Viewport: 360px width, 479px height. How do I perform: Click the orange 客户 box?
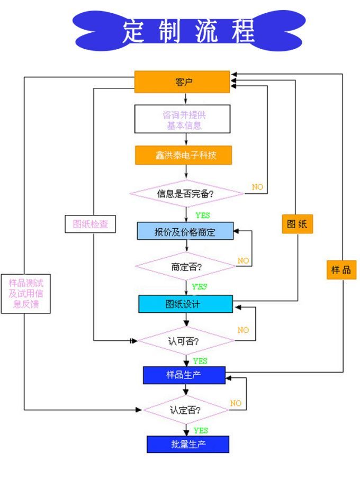(x=182, y=82)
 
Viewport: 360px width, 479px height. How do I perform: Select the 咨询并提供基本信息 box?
(x=182, y=119)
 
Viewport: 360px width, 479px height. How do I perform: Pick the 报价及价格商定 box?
(x=185, y=231)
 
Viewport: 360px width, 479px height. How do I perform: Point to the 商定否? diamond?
(x=185, y=266)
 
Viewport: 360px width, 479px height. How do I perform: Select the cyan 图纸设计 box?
(x=185, y=304)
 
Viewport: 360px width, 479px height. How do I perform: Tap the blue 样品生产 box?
(x=184, y=375)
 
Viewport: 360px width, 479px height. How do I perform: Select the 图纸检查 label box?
(x=87, y=224)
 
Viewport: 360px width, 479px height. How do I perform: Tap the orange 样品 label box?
(x=340, y=269)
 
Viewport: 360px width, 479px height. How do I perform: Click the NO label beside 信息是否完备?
(x=257, y=187)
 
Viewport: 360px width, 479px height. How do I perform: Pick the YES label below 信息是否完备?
(x=202, y=216)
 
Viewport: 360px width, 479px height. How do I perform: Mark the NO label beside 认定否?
(x=236, y=403)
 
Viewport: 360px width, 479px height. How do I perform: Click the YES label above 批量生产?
(x=201, y=430)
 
